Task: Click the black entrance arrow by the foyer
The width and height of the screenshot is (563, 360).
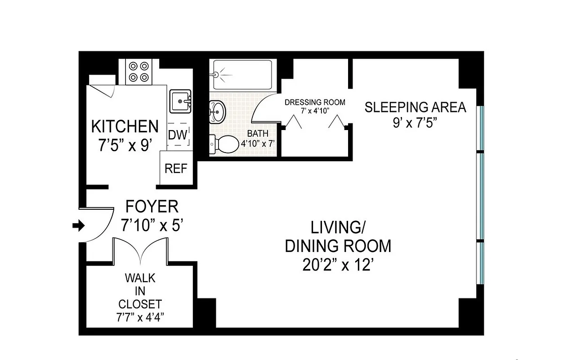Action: (78, 226)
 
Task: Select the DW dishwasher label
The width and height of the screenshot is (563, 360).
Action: (178, 135)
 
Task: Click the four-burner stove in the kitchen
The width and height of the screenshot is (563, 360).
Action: (139, 72)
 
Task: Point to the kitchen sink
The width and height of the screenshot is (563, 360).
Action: (180, 101)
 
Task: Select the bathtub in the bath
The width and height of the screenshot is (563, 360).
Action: (242, 75)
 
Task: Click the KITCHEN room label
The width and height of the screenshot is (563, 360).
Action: (125, 126)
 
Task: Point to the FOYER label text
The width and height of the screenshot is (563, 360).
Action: (152, 207)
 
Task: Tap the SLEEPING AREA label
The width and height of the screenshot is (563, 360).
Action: (415, 108)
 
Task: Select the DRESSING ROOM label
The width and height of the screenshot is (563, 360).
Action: (315, 102)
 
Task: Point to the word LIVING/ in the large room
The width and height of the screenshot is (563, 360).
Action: (338, 228)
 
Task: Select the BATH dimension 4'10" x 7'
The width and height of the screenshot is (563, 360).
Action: (256, 143)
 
